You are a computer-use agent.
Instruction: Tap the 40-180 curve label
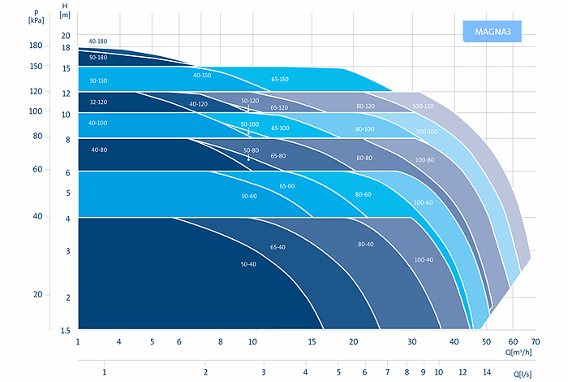(x=98, y=41)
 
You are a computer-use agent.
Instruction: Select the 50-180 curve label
(x=98, y=58)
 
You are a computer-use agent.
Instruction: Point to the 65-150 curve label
(x=281, y=80)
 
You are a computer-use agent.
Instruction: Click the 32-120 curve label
(x=98, y=103)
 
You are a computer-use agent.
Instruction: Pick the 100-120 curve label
(x=423, y=107)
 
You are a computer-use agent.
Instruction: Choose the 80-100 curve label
(x=365, y=129)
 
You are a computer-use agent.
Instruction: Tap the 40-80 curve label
(x=99, y=150)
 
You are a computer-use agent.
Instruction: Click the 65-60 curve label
(x=288, y=186)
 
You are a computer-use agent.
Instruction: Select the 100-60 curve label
(x=423, y=202)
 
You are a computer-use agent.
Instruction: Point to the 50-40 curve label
(x=248, y=265)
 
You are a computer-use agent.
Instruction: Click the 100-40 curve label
(x=423, y=259)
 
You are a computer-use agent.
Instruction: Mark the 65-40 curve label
(x=278, y=246)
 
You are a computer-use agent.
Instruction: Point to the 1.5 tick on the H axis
(x=66, y=330)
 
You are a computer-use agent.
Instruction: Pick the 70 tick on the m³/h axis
(x=535, y=341)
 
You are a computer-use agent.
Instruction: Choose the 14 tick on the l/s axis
(x=487, y=371)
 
